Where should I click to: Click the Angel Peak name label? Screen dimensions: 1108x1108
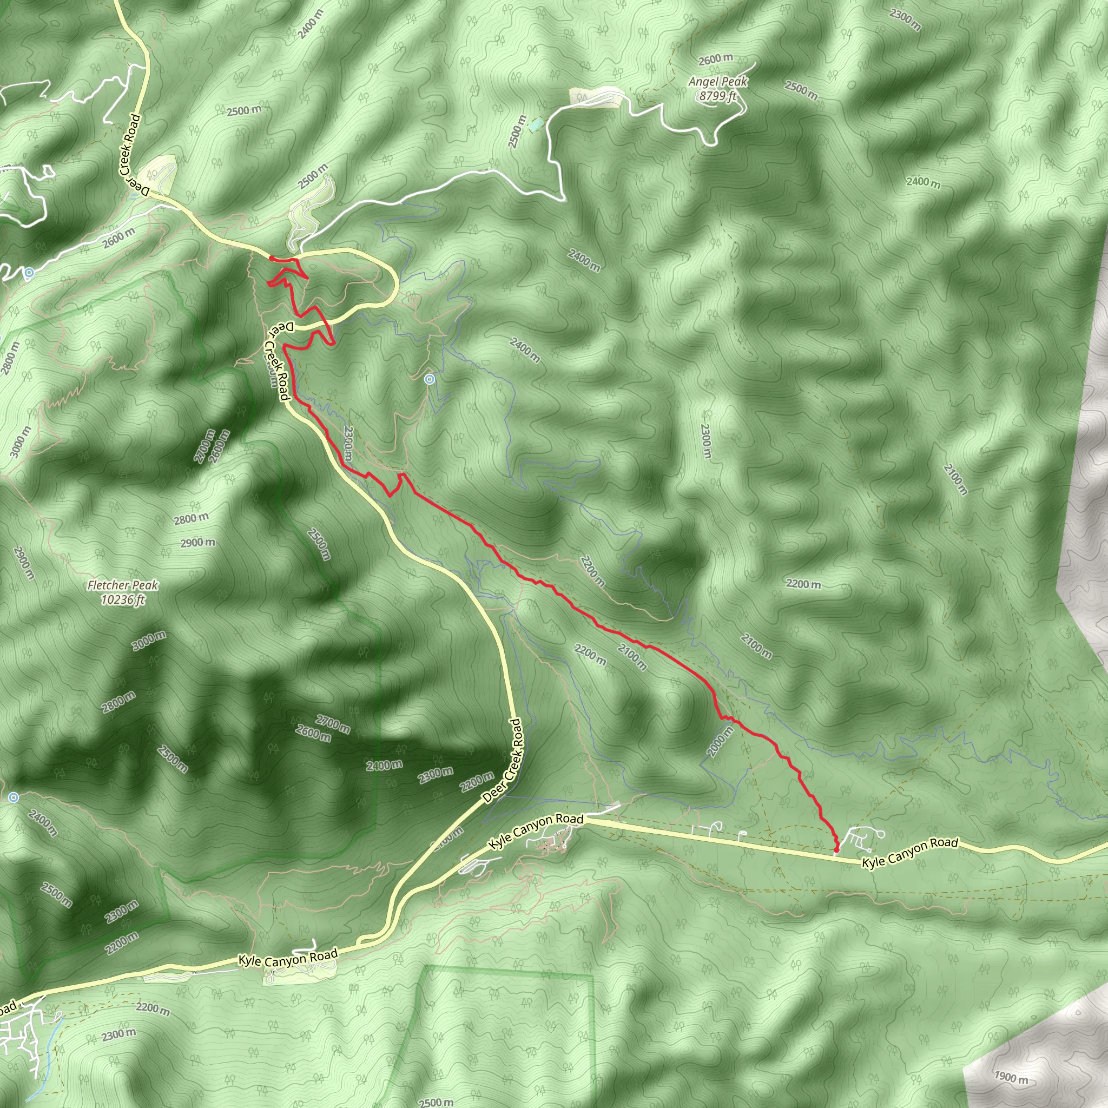[717, 82]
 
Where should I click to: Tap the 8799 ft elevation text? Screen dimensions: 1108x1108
[717, 96]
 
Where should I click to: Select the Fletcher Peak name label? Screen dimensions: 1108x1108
[123, 585]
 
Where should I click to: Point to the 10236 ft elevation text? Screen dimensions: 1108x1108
[123, 600]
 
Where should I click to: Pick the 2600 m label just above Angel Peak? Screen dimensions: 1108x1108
[715, 60]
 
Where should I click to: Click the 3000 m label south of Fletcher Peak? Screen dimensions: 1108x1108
[149, 640]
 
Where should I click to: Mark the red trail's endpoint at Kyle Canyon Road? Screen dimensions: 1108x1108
[835, 850]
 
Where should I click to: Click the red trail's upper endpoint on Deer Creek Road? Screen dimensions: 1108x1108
[271, 258]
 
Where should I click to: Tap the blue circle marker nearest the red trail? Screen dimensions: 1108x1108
[429, 379]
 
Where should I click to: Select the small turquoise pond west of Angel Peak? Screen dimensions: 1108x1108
[535, 124]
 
